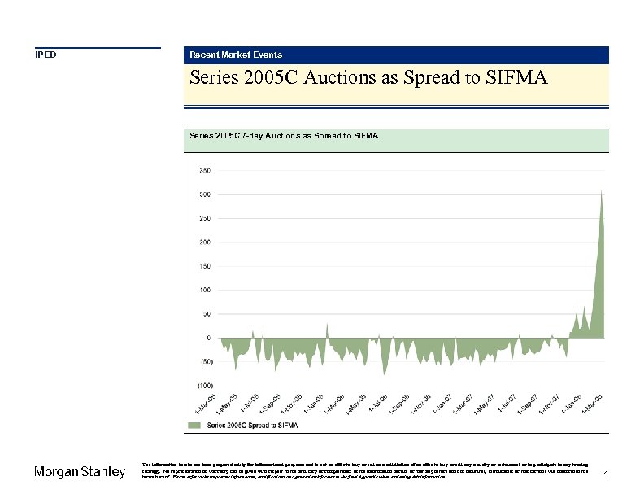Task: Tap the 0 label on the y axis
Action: tap(208, 337)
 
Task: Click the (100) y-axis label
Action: tap(204, 384)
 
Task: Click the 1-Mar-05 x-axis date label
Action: tap(205, 403)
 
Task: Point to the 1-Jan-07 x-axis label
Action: tap(442, 403)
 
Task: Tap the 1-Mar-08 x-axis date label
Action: tap(592, 403)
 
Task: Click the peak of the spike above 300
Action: tap(601, 191)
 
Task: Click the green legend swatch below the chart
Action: tap(194, 426)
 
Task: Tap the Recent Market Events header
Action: tap(236, 55)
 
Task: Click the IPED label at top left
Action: tap(46, 55)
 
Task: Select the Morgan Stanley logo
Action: tap(80, 472)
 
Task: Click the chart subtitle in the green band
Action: tap(284, 135)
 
